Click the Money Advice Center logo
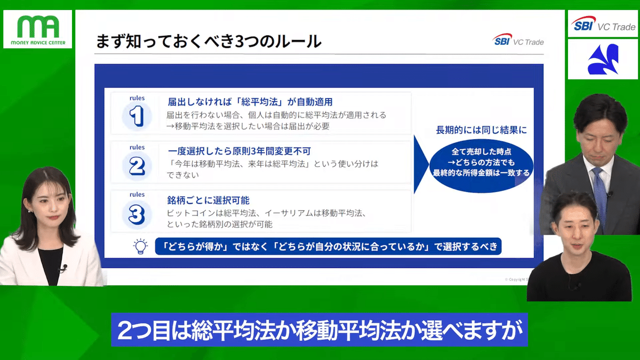[x=37, y=30]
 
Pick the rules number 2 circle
[x=137, y=164]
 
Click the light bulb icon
[x=140, y=246]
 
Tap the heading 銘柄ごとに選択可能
[x=208, y=201]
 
